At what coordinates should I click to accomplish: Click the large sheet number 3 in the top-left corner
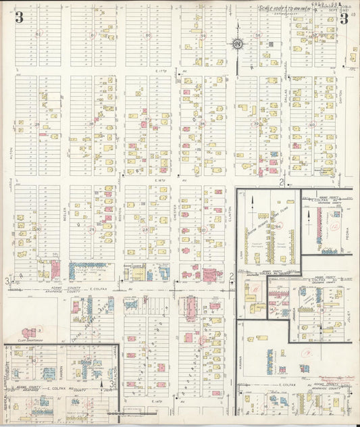19,18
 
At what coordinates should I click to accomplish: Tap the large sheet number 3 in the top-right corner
344,18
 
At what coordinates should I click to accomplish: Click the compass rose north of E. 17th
238,45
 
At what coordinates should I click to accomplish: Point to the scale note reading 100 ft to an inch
283,8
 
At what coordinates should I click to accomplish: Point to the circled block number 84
276,227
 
